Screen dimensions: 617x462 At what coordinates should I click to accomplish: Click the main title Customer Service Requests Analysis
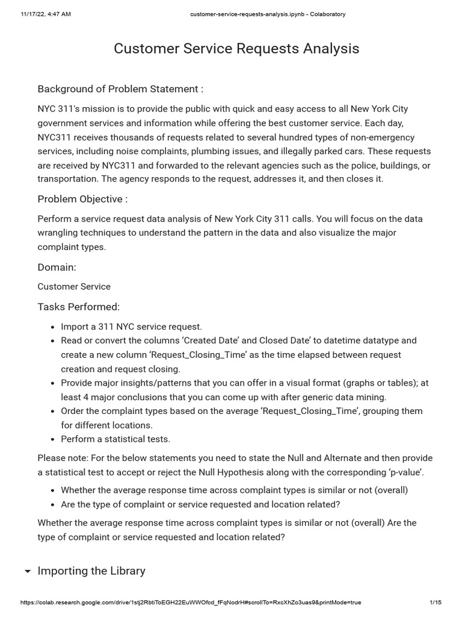point(236,49)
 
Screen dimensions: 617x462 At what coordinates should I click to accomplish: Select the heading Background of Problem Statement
point(120,89)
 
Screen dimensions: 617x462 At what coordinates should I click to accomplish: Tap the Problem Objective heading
point(82,199)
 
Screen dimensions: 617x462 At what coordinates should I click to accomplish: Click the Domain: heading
point(57,267)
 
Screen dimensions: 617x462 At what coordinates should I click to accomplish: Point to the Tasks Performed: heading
point(78,307)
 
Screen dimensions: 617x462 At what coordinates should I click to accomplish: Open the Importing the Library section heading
point(91,571)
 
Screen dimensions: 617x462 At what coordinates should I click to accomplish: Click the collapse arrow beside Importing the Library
point(27,571)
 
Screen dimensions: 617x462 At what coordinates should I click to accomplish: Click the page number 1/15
point(436,603)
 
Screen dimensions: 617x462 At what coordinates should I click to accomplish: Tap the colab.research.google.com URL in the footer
point(190,603)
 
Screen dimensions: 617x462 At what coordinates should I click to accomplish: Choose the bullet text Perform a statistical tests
point(115,439)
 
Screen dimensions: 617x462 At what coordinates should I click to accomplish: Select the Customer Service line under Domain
point(74,287)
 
